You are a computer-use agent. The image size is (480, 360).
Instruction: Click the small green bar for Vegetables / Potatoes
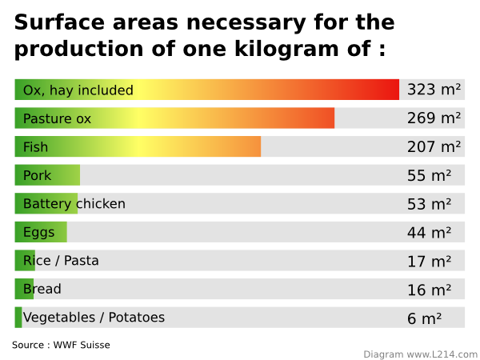pyautogui.click(x=18, y=318)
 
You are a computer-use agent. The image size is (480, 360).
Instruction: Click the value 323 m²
pyautogui.click(x=434, y=90)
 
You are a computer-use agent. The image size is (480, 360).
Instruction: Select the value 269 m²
pyautogui.click(x=434, y=118)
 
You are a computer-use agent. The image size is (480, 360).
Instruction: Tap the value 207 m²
pyautogui.click(x=434, y=146)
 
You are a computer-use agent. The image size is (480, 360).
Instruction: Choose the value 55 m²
pyautogui.click(x=429, y=175)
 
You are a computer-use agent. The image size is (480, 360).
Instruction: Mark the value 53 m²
pyautogui.click(x=429, y=204)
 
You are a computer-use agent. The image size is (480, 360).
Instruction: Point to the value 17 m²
pyautogui.click(x=429, y=261)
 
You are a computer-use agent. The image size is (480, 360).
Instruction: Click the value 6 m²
pyautogui.click(x=424, y=318)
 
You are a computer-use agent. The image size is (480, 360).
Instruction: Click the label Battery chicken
pyautogui.click(x=74, y=204)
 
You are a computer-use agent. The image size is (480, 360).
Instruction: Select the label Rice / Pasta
pyautogui.click(x=61, y=261)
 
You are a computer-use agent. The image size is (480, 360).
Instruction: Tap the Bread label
pyautogui.click(x=42, y=289)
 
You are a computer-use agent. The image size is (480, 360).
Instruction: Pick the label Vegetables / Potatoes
pyautogui.click(x=94, y=318)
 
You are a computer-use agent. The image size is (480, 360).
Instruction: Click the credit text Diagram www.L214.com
pyautogui.click(x=420, y=354)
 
